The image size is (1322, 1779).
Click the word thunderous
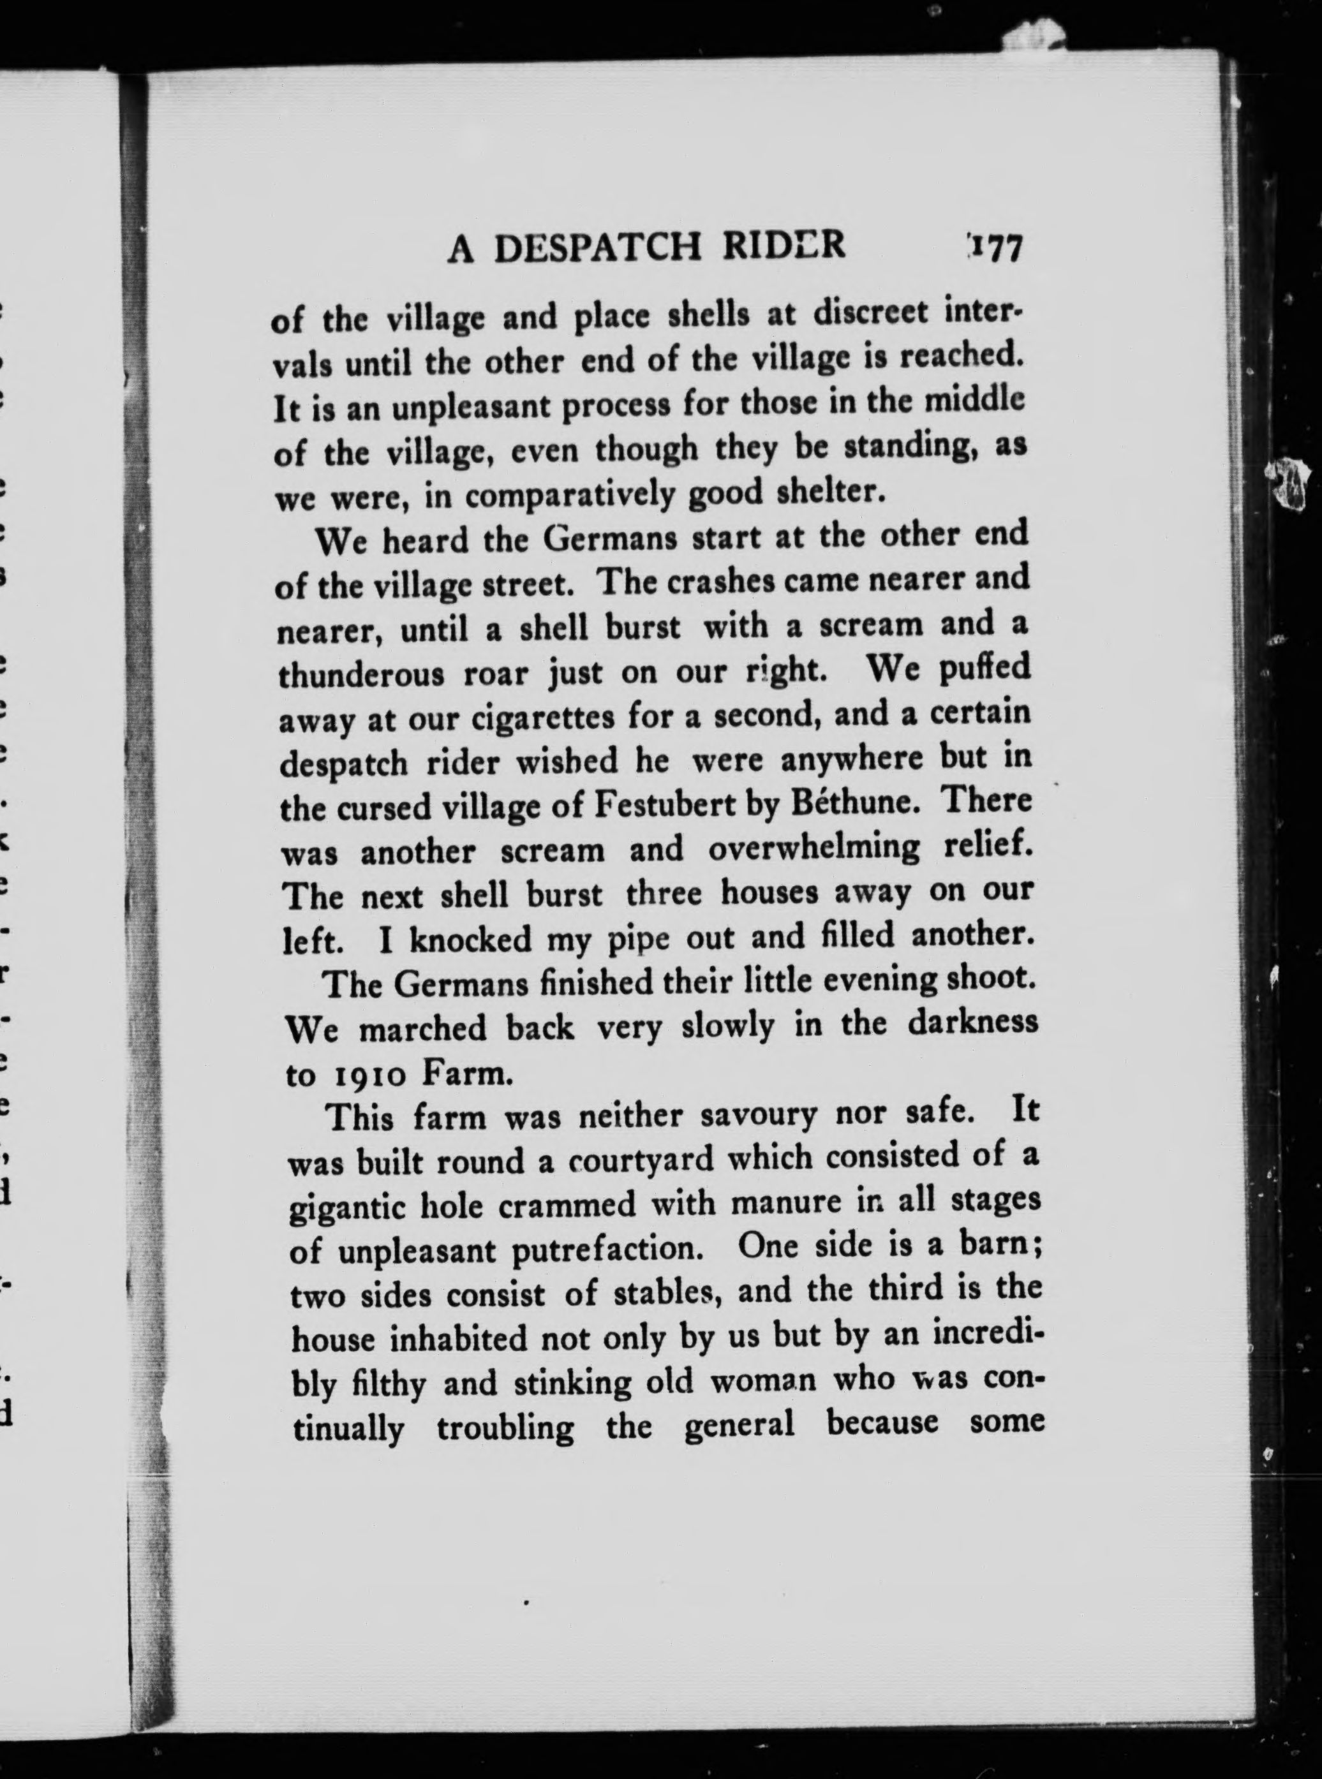point(362,675)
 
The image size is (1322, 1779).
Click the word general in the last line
point(739,1426)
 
